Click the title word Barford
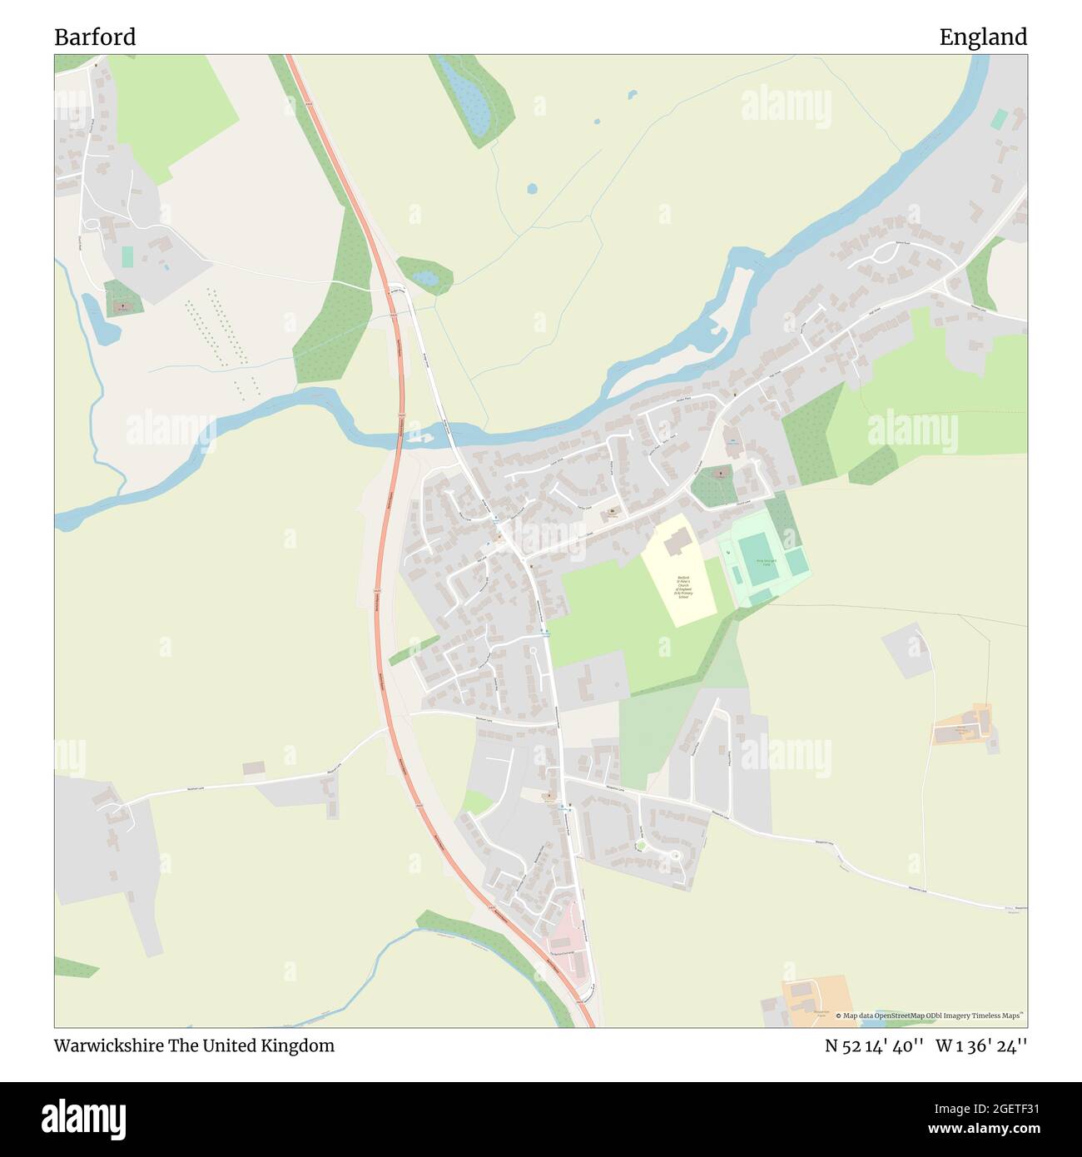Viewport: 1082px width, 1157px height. pos(95,37)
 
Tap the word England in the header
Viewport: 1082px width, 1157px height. pos(983,37)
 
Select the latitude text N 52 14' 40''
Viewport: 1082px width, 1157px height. pos(871,1045)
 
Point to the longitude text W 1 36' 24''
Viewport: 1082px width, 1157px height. pos(981,1045)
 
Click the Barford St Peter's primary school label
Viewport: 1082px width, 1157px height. pos(683,587)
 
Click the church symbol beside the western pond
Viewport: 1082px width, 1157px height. pos(123,305)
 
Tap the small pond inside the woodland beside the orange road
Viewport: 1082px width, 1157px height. pos(424,277)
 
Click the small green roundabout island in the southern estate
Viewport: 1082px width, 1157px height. pos(640,847)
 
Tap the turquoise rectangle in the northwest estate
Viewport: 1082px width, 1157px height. pos(127,256)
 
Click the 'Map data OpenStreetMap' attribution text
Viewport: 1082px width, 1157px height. pos(930,1015)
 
